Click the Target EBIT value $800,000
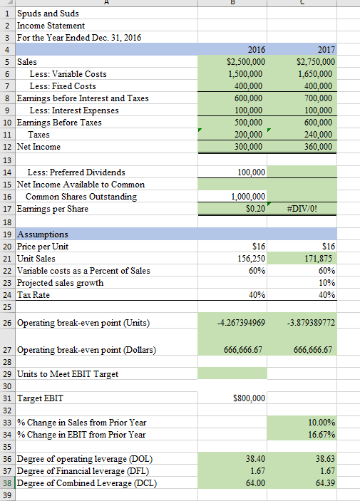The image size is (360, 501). click(x=247, y=398)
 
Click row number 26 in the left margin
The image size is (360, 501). click(x=6, y=323)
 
